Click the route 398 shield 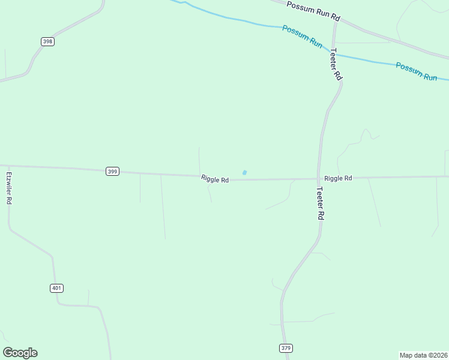coord(48,41)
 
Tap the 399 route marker coord(112,172)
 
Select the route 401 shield coord(56,288)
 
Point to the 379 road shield coord(286,348)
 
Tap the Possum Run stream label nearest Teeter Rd coord(303,37)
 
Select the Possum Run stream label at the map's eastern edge coord(417,71)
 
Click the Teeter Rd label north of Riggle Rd coord(336,65)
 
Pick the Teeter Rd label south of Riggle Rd coord(320,203)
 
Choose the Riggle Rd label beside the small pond coord(215,179)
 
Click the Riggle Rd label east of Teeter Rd coord(338,178)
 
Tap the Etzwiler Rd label coord(9,188)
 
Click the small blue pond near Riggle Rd coord(244,173)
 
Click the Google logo coord(20,353)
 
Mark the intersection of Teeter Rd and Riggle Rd coord(317,178)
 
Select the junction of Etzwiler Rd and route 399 coord(7,166)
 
